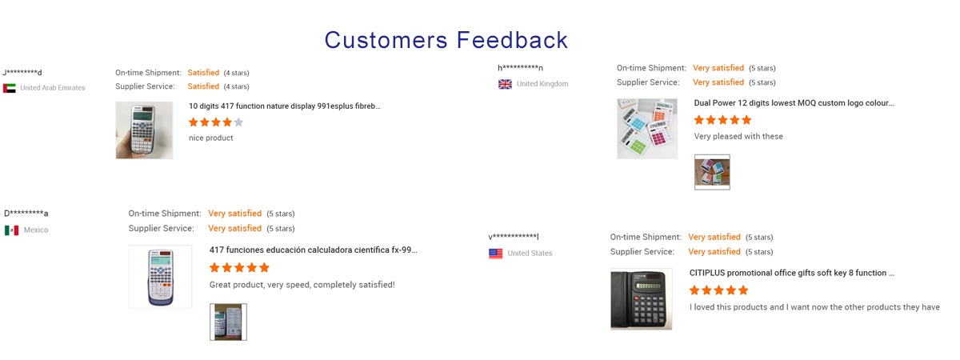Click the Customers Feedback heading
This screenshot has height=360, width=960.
click(x=446, y=40)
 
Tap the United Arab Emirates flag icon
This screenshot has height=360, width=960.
click(x=10, y=88)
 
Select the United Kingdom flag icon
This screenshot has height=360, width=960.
click(x=505, y=84)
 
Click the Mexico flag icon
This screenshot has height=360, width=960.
click(x=11, y=230)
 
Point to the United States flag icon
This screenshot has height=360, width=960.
click(x=495, y=254)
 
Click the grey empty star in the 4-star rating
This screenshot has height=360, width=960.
click(x=238, y=122)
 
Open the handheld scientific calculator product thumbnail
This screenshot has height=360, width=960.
click(x=145, y=130)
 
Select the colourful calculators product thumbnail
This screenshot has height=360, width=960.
click(x=647, y=129)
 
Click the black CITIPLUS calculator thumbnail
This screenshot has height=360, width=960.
click(x=641, y=299)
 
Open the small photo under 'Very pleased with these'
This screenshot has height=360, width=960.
click(x=712, y=172)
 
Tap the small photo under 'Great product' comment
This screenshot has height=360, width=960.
click(x=228, y=322)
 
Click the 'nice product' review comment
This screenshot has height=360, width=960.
click(x=211, y=138)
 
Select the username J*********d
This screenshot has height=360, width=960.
click(x=22, y=73)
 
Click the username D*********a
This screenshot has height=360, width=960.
click(x=26, y=213)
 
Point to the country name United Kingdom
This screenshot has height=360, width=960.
click(x=542, y=84)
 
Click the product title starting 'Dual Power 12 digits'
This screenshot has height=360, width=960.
click(x=794, y=103)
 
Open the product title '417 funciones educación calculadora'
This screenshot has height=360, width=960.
click(x=313, y=250)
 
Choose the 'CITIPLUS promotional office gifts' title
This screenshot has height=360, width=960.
click(x=791, y=273)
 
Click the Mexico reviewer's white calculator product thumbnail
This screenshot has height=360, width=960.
click(x=160, y=277)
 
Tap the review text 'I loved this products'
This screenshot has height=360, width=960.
click(x=814, y=307)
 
